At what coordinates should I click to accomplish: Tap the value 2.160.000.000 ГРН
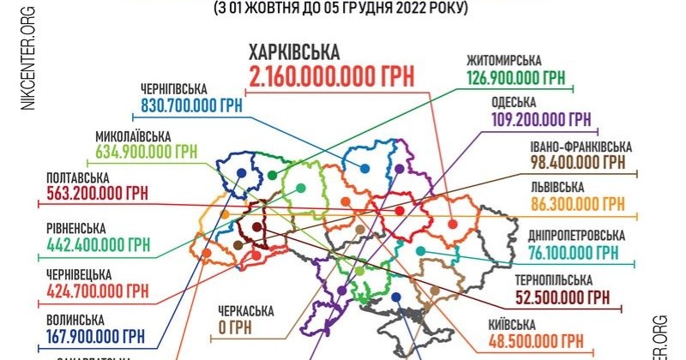point(332,76)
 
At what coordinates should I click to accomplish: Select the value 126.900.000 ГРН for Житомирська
point(516,79)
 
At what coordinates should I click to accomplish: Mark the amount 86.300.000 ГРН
point(577,205)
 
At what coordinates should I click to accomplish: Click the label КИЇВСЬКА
point(513,324)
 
